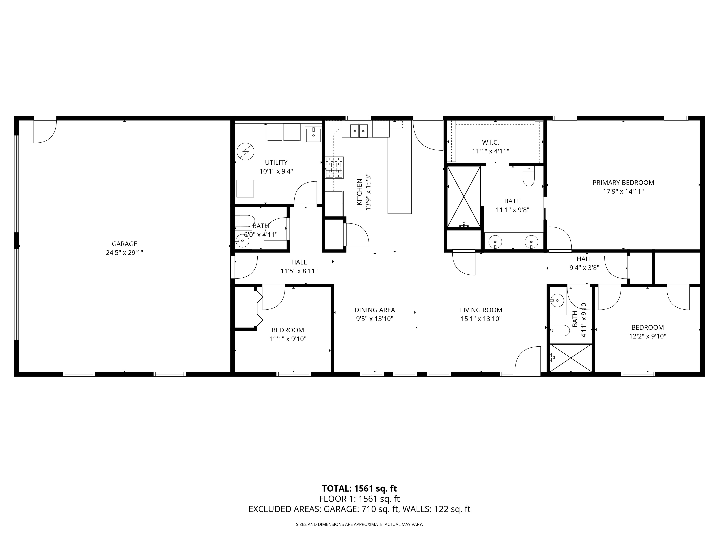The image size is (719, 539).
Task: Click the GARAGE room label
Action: pos(125,244)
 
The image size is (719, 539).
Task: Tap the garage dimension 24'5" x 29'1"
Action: pos(125,253)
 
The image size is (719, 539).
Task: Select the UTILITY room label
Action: pos(276,162)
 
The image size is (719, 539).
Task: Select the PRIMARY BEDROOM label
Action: pos(623,183)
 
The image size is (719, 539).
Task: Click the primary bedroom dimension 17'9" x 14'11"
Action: pos(623,191)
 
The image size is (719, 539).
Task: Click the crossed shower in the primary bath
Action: pos(464,197)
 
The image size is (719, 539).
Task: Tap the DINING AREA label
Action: pos(375,310)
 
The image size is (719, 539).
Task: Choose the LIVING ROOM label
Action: pos(481,310)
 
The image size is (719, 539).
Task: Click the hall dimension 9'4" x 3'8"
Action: pos(584,268)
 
